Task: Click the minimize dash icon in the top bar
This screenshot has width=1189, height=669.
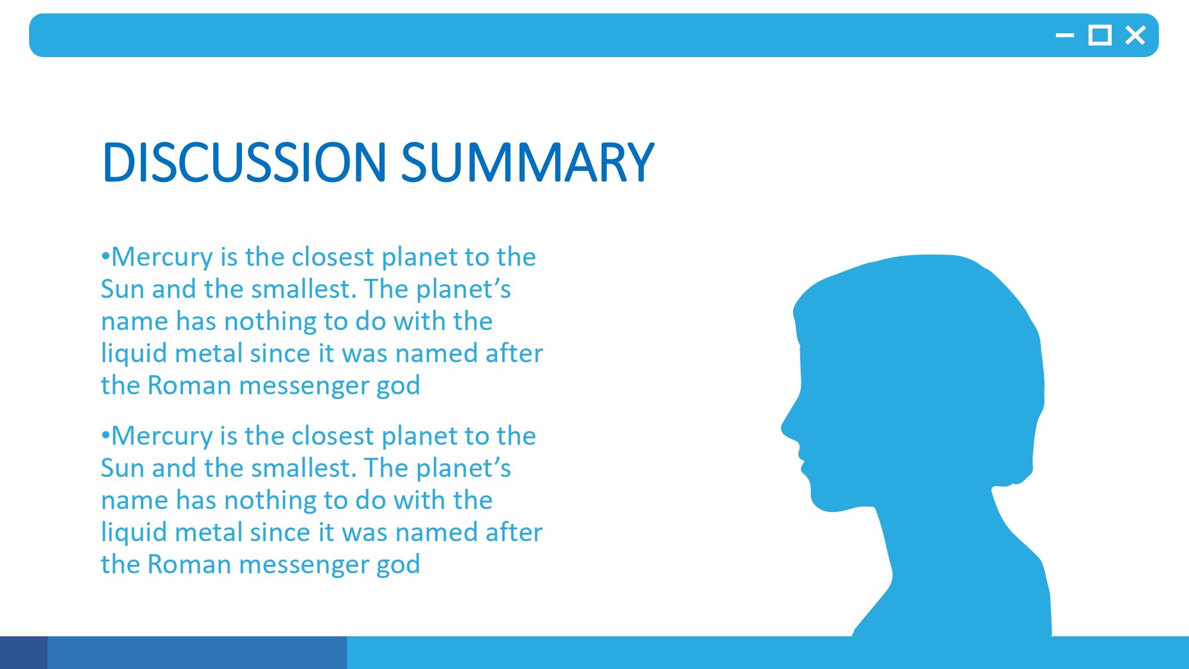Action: point(1065,36)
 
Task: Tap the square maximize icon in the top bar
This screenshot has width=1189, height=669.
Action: point(1100,36)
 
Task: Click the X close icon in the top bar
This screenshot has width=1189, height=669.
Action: point(1135,36)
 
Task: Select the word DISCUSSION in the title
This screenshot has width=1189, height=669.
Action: point(244,162)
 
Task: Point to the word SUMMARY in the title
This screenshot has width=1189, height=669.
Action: point(528,162)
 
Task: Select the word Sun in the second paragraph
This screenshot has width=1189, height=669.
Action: point(122,469)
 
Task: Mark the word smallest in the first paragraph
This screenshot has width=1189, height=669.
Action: point(304,290)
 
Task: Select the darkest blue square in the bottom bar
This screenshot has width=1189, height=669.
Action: point(24,652)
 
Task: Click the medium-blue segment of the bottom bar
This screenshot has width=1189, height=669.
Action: point(197,652)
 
